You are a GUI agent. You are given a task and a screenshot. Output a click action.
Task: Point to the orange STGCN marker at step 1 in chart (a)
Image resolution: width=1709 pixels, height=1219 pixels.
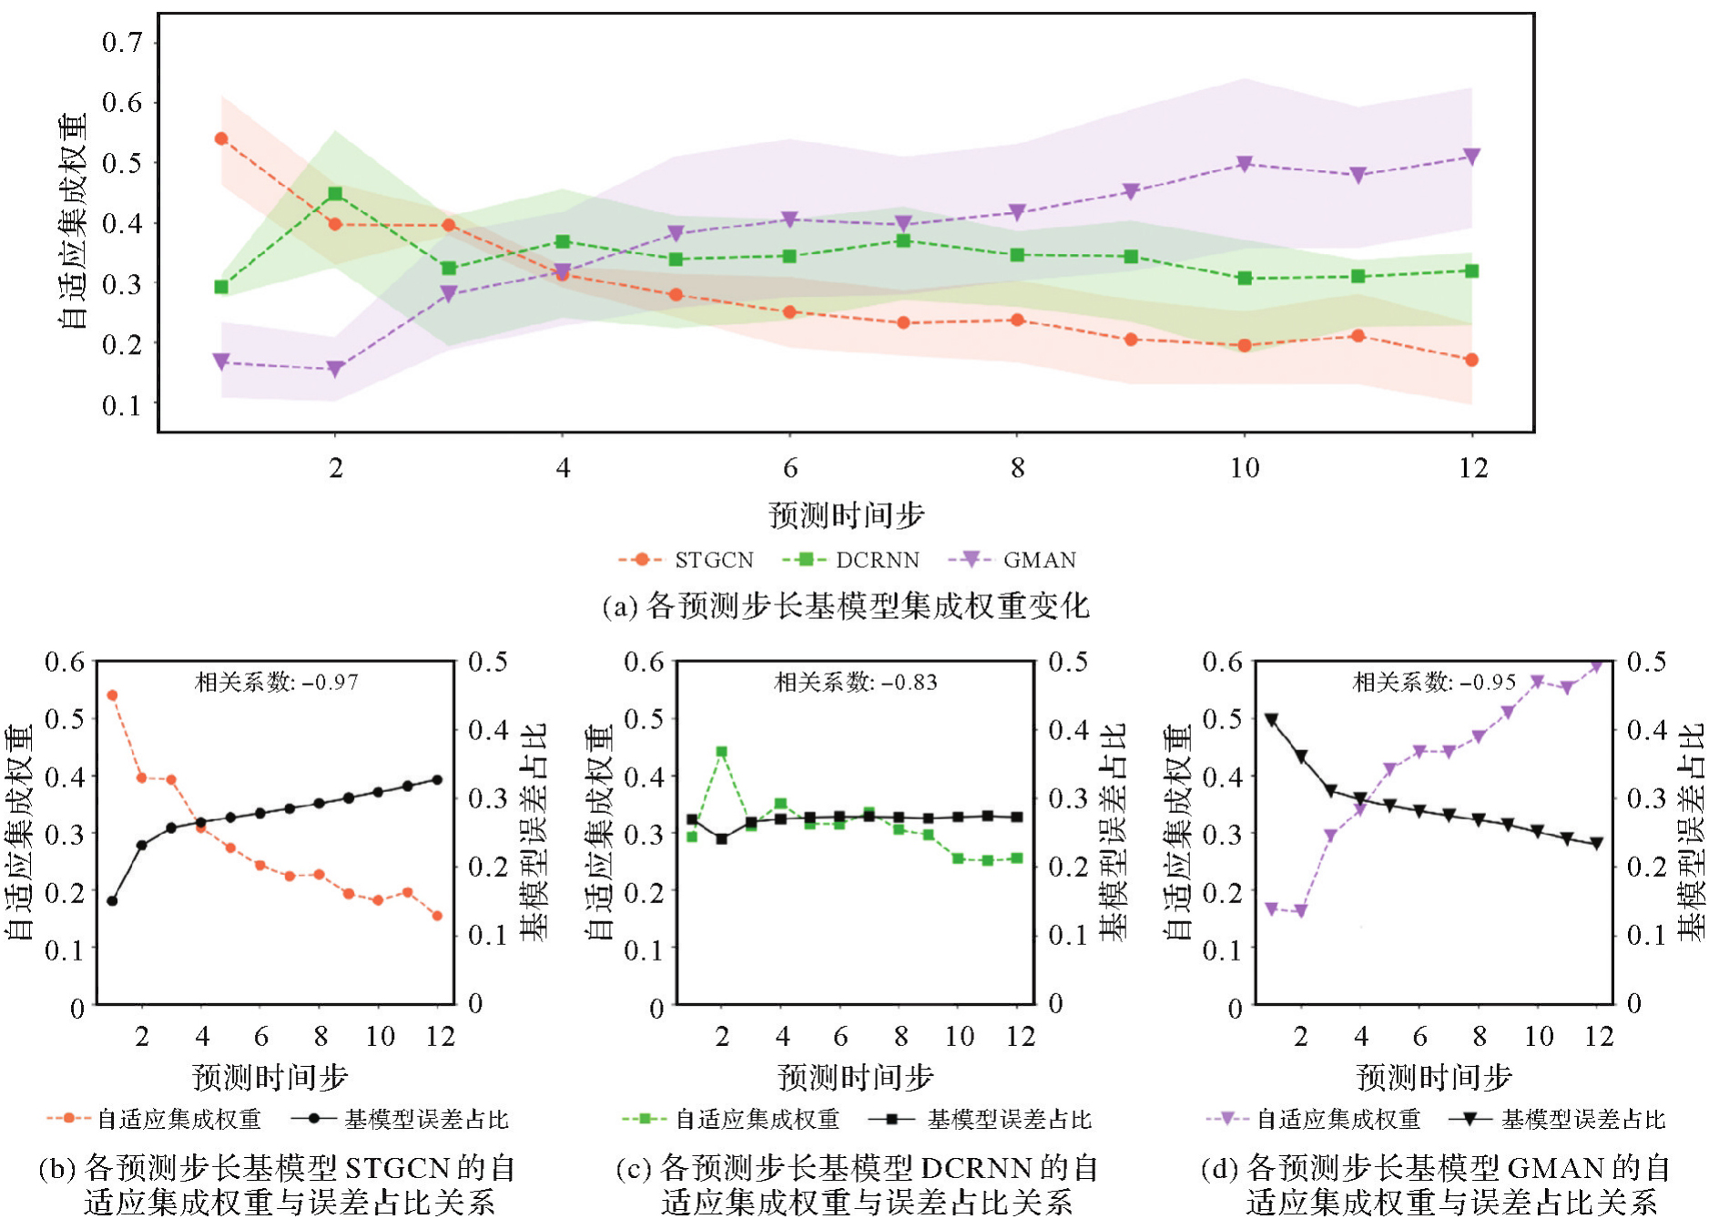click(x=221, y=139)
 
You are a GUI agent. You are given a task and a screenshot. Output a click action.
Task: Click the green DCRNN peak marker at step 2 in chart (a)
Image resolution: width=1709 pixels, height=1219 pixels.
click(x=335, y=194)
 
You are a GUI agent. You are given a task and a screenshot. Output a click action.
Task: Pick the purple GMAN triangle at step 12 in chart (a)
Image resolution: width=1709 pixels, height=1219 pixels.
click(x=1471, y=157)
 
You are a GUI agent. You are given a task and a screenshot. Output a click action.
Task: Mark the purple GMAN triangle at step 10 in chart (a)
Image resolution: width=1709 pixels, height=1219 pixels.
click(x=1245, y=164)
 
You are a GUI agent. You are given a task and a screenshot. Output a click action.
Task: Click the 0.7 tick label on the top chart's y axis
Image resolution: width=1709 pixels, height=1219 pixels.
click(x=122, y=43)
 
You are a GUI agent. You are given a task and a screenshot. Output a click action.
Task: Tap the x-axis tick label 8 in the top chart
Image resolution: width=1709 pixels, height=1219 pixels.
click(x=1017, y=468)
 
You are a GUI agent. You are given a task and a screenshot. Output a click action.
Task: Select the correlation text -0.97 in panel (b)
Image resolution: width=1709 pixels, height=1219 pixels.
click(x=277, y=682)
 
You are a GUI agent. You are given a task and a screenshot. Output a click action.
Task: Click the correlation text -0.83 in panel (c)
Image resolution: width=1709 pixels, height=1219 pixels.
click(x=856, y=682)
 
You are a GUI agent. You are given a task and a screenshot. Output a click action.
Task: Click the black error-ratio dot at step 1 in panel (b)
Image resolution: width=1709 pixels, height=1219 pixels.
click(x=112, y=901)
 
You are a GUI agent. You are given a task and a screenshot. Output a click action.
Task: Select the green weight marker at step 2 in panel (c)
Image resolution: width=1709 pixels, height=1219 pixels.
click(x=722, y=752)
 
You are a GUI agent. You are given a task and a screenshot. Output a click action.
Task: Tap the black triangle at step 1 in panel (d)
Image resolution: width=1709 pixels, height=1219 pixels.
click(x=1272, y=720)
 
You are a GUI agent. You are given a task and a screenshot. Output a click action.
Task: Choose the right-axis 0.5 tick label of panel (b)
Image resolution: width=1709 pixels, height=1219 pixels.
click(x=488, y=662)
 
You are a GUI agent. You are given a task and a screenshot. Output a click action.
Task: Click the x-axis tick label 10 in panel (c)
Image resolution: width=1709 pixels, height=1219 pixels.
click(x=960, y=1036)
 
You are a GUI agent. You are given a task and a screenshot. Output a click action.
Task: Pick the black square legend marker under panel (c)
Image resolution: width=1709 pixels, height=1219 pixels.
click(x=893, y=1119)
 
